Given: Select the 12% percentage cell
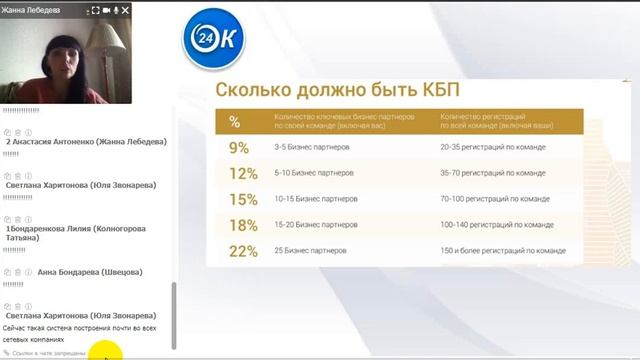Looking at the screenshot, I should [x=241, y=172].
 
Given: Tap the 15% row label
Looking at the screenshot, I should [x=241, y=198].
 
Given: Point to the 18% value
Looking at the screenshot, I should [x=241, y=224].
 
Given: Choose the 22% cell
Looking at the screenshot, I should [x=241, y=250].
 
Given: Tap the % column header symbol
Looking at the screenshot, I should [x=234, y=121].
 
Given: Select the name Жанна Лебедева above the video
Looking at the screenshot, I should [x=32, y=10].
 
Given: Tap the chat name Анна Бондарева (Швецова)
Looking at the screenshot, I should [x=90, y=272].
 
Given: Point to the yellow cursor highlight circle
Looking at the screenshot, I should [x=104, y=351].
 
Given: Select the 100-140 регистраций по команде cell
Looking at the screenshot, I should [x=496, y=224].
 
